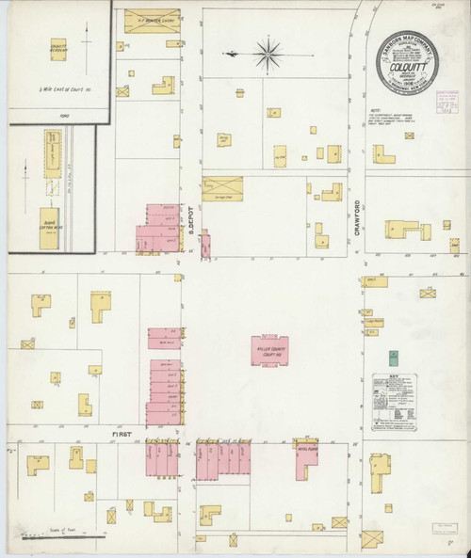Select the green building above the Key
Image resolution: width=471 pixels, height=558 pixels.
[x=395, y=358]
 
